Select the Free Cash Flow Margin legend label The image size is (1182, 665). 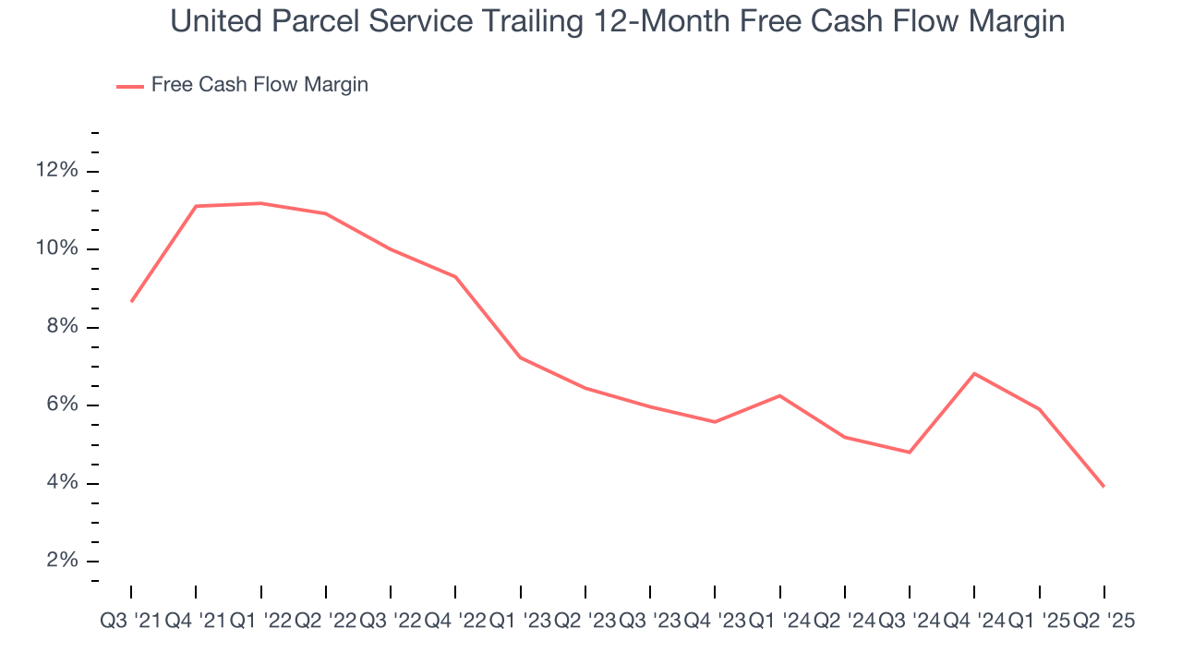click(x=259, y=85)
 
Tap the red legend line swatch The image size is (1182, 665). click(x=129, y=86)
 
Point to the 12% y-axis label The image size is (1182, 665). click(x=56, y=171)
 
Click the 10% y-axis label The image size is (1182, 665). click(x=56, y=249)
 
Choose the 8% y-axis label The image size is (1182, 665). click(x=60, y=328)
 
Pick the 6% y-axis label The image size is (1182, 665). click(x=60, y=405)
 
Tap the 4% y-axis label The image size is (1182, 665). click(x=60, y=484)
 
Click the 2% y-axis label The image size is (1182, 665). click(x=60, y=562)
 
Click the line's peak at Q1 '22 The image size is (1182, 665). click(x=260, y=203)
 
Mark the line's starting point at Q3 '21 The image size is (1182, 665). click(x=131, y=301)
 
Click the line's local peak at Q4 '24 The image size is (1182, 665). click(x=974, y=373)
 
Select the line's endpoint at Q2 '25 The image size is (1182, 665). click(x=1104, y=487)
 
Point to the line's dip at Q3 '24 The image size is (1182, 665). click(x=910, y=452)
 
